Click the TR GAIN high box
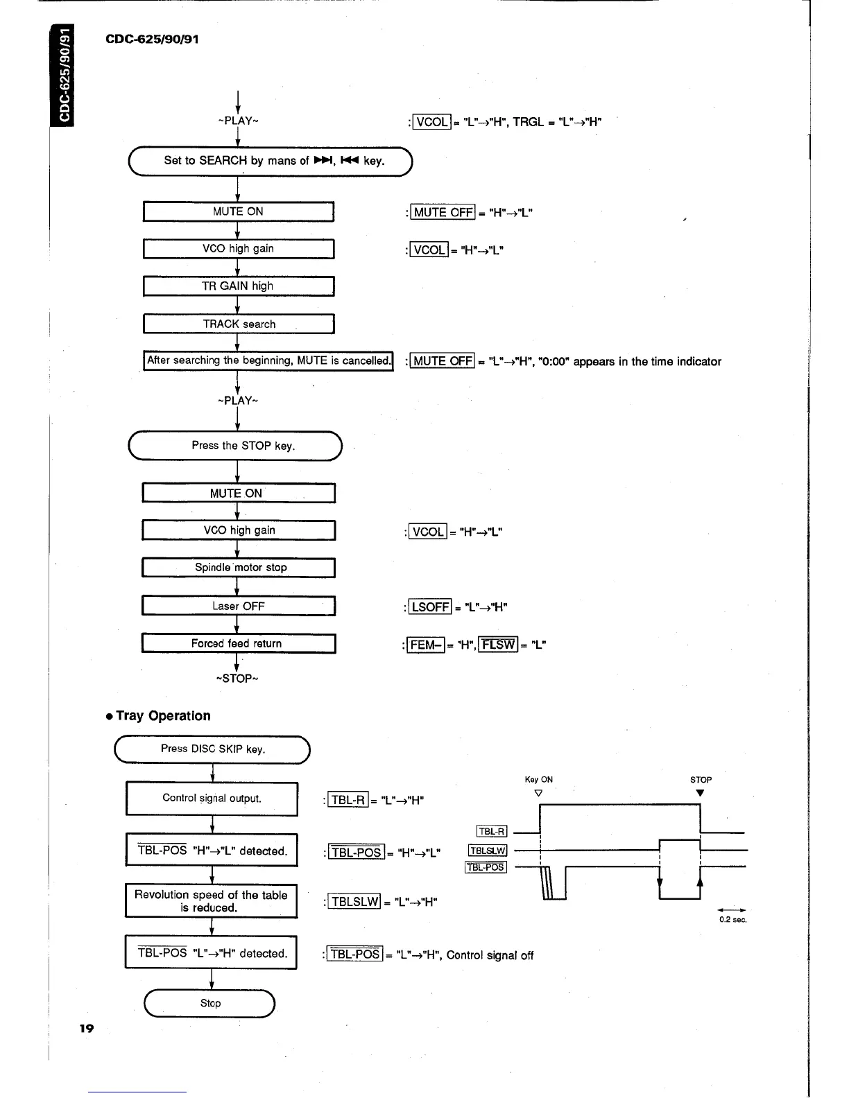[238, 286]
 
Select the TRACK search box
[239, 324]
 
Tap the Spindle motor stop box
[239, 568]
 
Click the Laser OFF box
[239, 606]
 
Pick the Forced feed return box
[239, 643]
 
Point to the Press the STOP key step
[236, 446]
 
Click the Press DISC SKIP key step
[212, 749]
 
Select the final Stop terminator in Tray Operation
[210, 1003]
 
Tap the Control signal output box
[212, 799]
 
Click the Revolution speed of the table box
[211, 901]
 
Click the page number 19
[86, 1028]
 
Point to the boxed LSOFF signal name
[430, 607]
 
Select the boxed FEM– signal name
[425, 645]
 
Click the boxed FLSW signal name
[499, 645]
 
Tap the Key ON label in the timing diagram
[539, 780]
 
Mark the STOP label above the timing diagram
[701, 780]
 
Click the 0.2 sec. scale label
[732, 920]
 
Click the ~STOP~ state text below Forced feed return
[237, 679]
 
